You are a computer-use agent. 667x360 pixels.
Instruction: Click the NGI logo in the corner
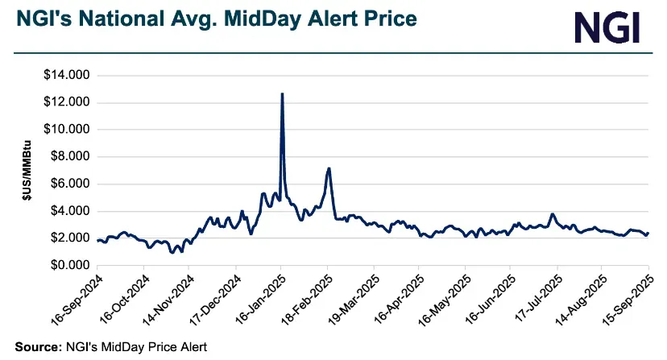tap(607, 27)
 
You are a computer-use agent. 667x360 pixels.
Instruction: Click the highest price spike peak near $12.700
tap(281, 93)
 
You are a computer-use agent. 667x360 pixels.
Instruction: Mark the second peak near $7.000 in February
tap(329, 168)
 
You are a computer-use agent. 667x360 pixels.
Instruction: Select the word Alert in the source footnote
tap(190, 347)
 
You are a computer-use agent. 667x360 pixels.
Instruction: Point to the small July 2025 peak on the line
tap(552, 214)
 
